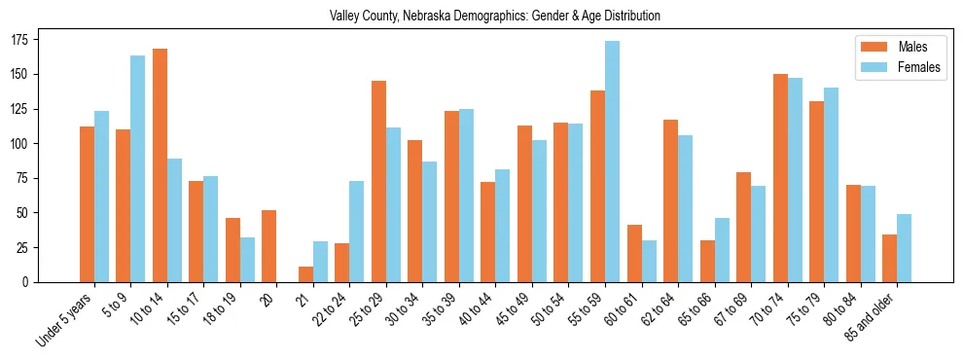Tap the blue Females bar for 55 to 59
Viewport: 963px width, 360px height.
(x=612, y=162)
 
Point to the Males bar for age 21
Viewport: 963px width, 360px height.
(x=305, y=274)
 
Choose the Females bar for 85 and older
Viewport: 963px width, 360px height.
(x=904, y=248)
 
